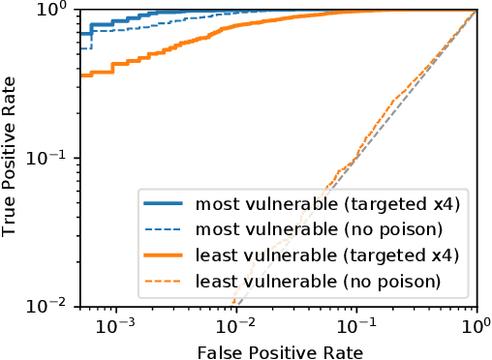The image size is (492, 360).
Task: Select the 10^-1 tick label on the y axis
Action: (x=56, y=158)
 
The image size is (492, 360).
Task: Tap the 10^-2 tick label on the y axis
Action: (x=56, y=306)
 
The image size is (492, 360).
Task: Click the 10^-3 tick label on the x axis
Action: (x=116, y=323)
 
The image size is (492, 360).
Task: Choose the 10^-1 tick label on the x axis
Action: (x=356, y=323)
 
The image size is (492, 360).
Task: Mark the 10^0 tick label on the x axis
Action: (x=476, y=323)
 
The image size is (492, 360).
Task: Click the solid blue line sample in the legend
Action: (x=166, y=204)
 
